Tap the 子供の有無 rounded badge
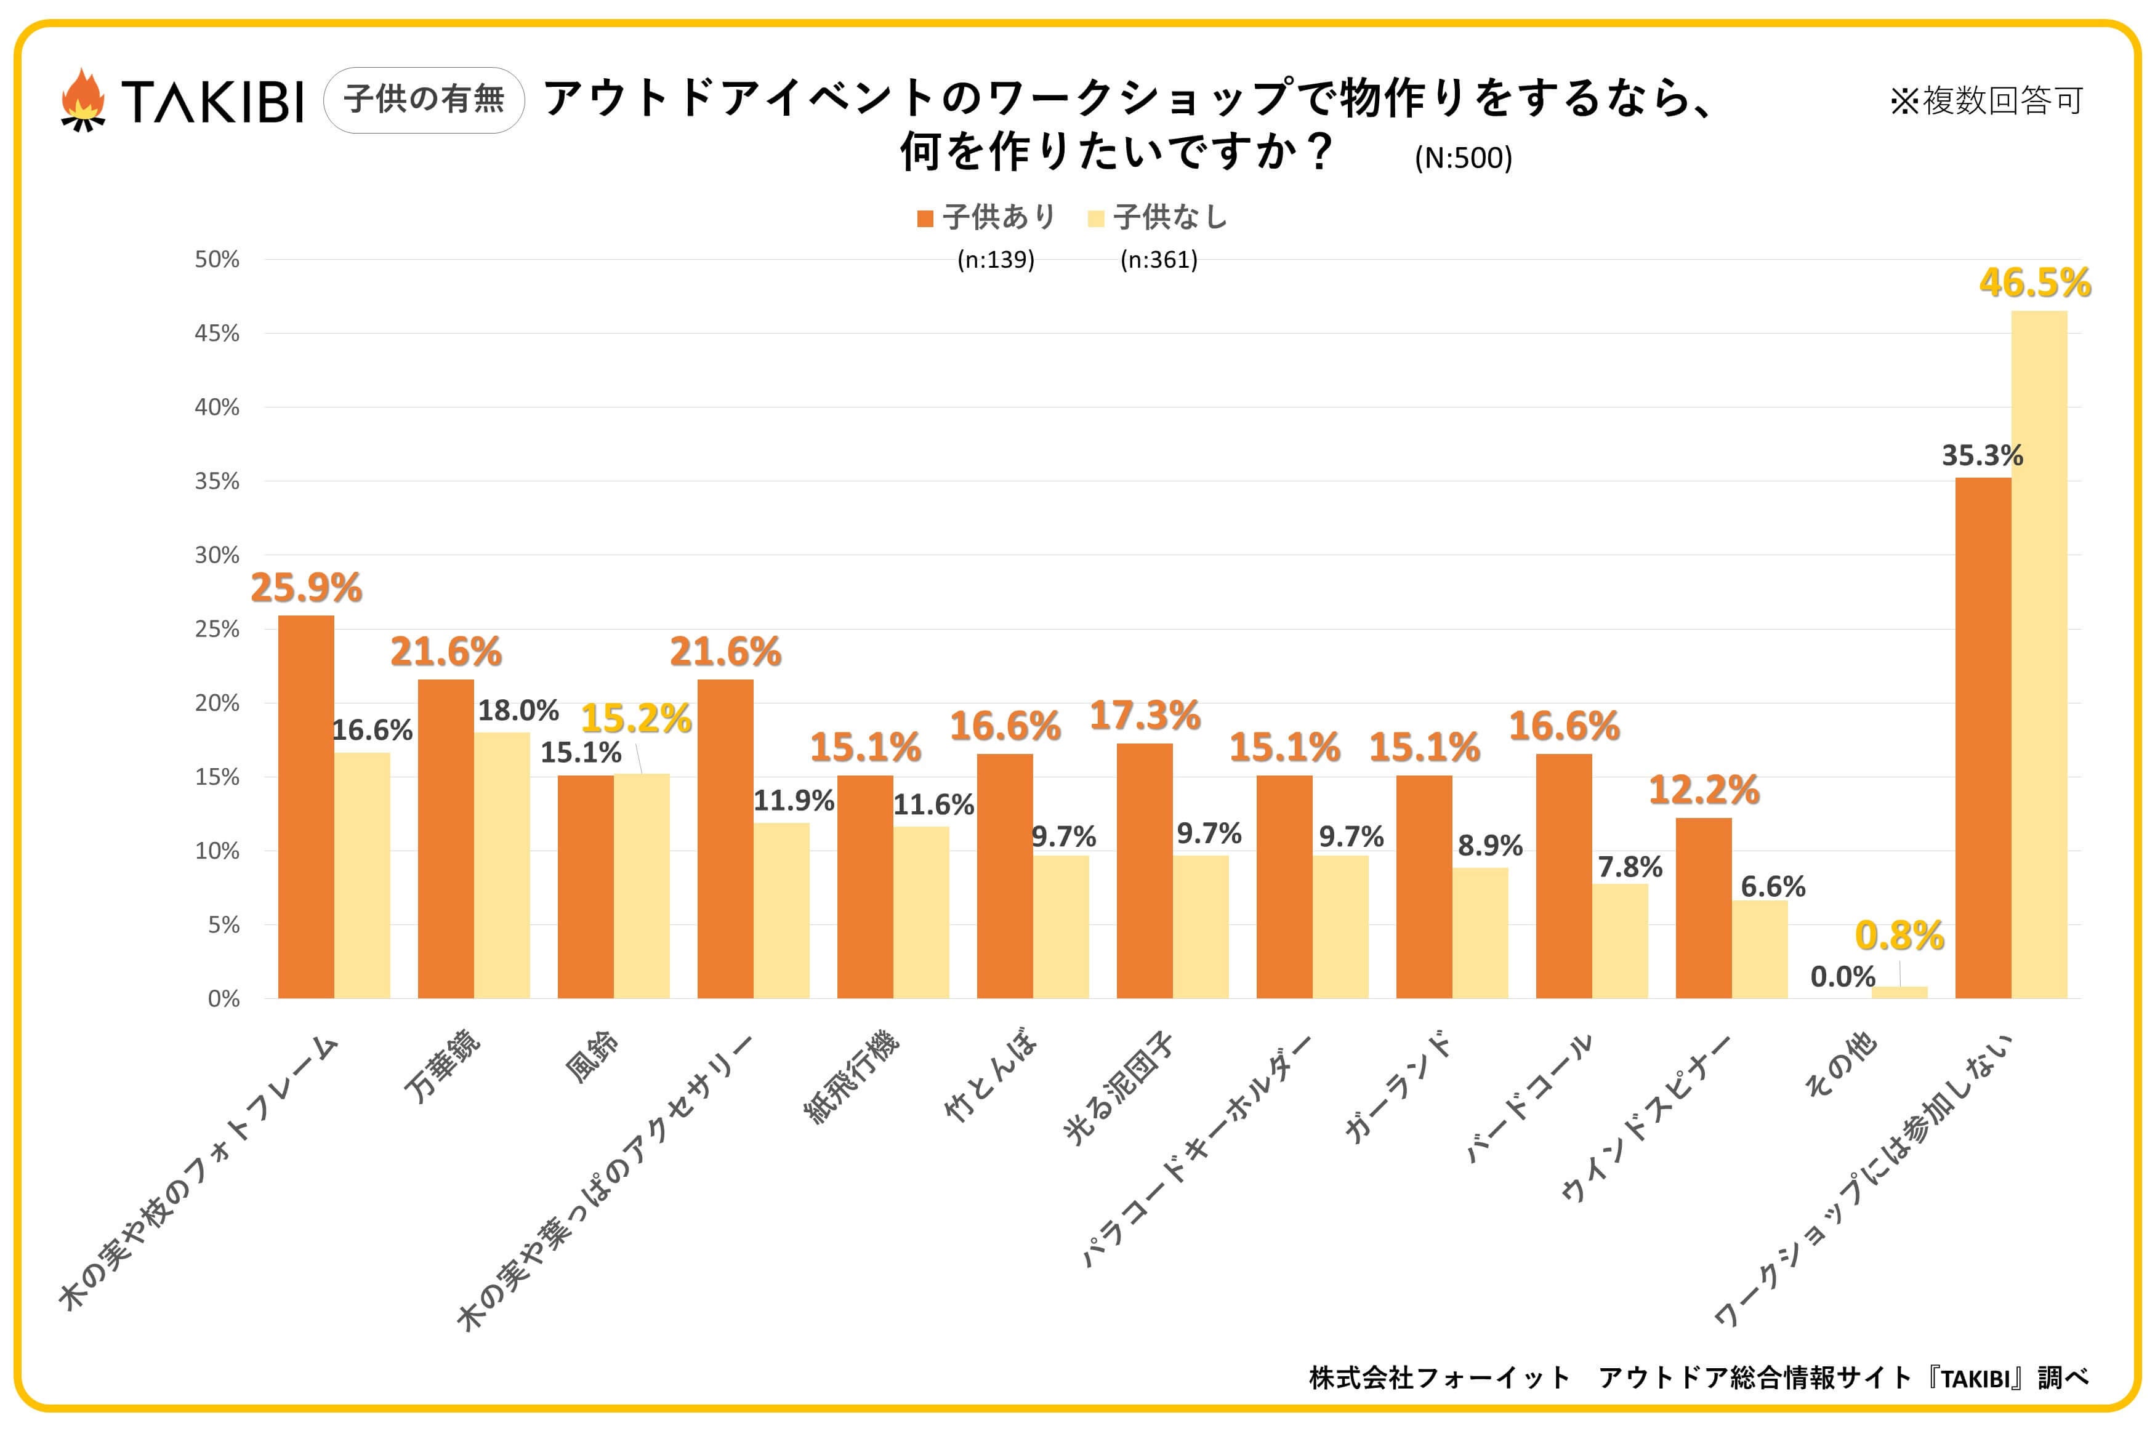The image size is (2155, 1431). point(424,100)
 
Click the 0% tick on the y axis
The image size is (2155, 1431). point(223,998)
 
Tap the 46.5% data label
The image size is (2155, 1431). point(2034,283)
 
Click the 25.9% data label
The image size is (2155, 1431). point(306,588)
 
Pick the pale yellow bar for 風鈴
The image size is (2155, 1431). point(641,885)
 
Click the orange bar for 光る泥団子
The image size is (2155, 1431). point(1145,871)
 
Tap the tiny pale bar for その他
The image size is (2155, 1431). point(1899,992)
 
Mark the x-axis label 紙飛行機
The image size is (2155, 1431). point(851,1077)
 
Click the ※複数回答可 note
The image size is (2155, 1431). point(1985,100)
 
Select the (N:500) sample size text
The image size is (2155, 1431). point(1462,158)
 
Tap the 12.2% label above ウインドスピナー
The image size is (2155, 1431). point(1703,790)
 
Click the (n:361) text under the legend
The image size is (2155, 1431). point(1158,260)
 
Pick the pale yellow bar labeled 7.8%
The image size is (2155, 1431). point(1620,940)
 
